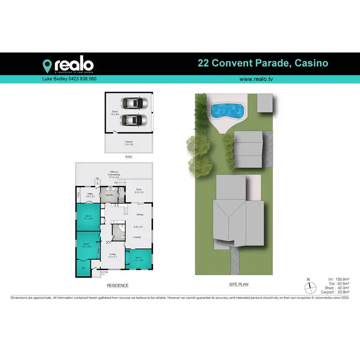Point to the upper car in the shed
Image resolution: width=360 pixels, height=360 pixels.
134,103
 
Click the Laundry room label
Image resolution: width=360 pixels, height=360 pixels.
109,194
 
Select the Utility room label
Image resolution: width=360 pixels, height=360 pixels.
90,195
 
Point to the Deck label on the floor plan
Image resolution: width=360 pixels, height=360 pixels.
138,190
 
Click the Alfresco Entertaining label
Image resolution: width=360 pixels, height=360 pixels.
114,174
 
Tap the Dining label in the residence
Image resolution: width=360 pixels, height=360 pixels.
140,214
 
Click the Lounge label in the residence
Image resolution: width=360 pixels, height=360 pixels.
137,237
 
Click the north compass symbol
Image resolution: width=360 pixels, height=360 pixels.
310,287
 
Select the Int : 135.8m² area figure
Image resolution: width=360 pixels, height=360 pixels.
338,279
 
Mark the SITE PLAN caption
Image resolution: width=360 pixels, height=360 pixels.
239,285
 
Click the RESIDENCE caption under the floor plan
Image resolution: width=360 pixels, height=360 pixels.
117,286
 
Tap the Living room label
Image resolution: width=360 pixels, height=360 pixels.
112,255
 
